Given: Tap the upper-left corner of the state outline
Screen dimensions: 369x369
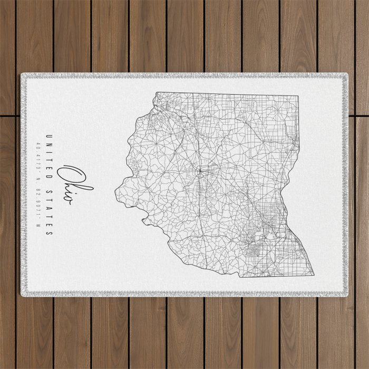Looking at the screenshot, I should [156, 93].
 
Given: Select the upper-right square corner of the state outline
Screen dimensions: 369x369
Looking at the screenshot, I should [298, 96].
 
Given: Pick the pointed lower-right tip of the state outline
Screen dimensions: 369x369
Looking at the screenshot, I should [314, 275].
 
